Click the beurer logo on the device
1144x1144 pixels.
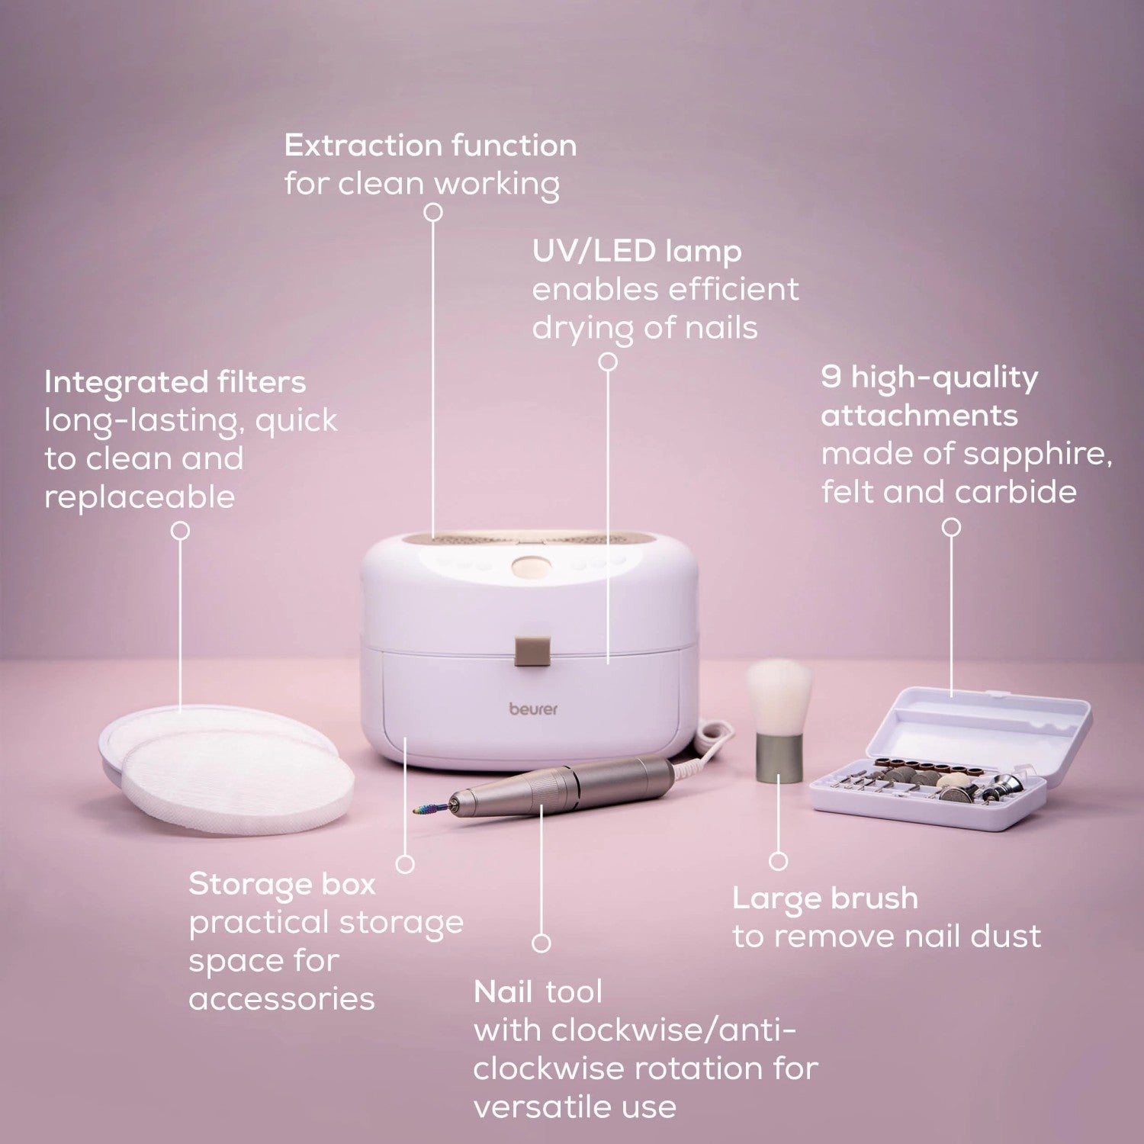point(533,709)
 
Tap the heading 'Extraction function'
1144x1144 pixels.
point(430,146)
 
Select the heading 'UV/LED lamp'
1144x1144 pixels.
point(636,251)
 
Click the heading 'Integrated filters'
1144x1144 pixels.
point(175,382)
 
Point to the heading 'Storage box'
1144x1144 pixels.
point(282,884)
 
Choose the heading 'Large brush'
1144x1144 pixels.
point(825,898)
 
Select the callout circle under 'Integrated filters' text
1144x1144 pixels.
point(180,530)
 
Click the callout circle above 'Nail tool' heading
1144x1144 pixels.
point(541,943)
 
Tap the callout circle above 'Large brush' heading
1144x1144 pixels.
point(778,861)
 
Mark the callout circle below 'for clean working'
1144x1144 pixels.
point(433,212)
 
